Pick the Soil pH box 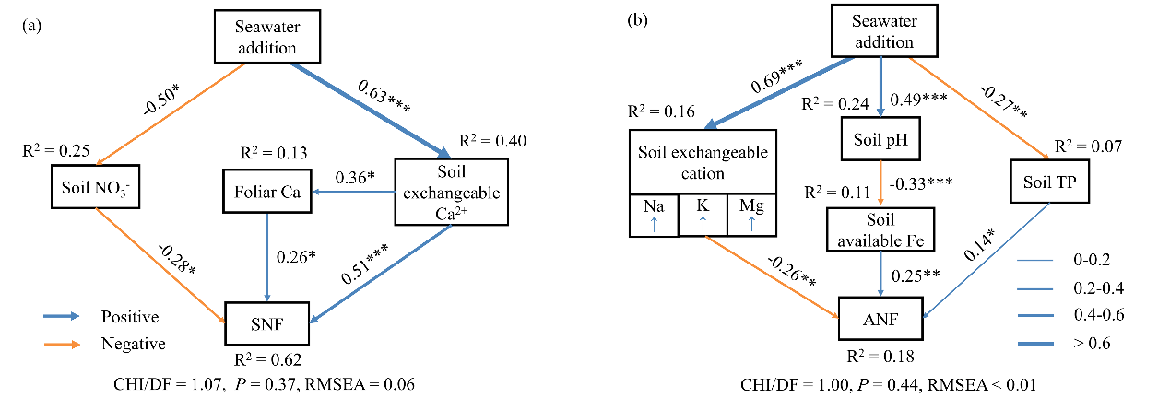(x=882, y=141)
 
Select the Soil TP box (x=1051, y=182)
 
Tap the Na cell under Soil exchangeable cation (x=652, y=215)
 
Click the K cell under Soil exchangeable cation (x=703, y=215)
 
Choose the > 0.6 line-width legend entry (x=1087, y=344)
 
